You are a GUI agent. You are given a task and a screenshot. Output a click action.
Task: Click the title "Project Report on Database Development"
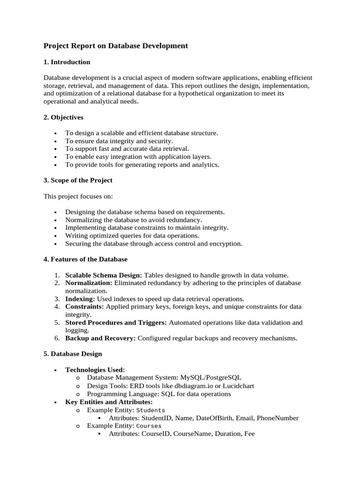(115, 46)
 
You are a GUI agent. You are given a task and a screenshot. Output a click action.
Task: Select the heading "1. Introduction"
(67, 62)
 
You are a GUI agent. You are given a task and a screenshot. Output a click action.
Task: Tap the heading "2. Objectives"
(63, 117)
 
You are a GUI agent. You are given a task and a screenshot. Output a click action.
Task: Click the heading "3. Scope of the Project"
(78, 180)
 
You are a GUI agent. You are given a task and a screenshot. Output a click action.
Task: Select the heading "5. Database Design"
(73, 354)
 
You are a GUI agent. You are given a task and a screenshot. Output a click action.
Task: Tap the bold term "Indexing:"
(80, 299)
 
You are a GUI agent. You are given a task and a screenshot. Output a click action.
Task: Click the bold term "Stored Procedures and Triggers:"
(116, 322)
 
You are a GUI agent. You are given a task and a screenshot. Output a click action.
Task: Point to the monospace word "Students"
(150, 410)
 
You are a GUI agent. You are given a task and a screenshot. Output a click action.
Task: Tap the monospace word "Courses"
(149, 426)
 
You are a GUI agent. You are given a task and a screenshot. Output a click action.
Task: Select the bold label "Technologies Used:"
(95, 370)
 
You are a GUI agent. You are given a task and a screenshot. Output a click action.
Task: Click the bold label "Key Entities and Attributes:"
(109, 402)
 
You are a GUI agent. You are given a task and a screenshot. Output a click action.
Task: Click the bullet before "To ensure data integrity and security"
(56, 141)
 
